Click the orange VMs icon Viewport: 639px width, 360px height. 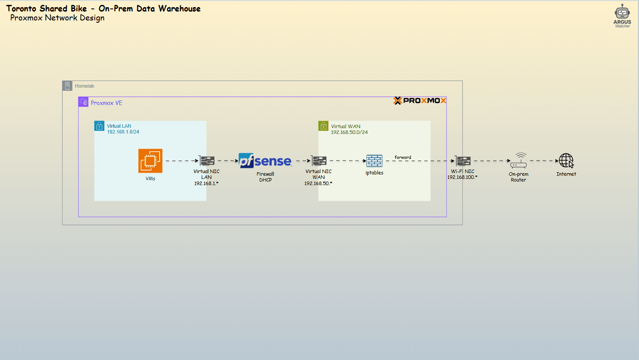(150, 161)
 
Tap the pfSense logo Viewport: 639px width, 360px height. (265, 161)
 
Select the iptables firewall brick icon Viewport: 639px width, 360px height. (374, 161)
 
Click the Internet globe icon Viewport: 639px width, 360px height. (566, 161)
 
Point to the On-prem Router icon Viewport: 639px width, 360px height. (518, 161)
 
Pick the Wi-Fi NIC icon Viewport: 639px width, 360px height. (462, 161)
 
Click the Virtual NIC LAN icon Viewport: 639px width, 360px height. (206, 161)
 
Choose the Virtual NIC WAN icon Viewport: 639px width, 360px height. (318, 161)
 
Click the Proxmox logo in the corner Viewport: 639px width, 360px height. (420, 101)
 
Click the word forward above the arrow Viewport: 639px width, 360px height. (403, 157)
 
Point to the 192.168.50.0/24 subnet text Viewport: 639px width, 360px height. (349, 132)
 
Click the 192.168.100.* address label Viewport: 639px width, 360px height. (462, 177)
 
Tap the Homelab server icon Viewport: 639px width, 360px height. (67, 86)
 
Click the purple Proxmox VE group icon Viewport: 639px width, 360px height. (84, 102)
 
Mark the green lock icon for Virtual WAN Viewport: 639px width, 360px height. (323, 126)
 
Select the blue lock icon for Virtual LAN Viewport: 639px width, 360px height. (99, 126)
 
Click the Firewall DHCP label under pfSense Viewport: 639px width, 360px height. (265, 177)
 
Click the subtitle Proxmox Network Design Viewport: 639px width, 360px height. (57, 18)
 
